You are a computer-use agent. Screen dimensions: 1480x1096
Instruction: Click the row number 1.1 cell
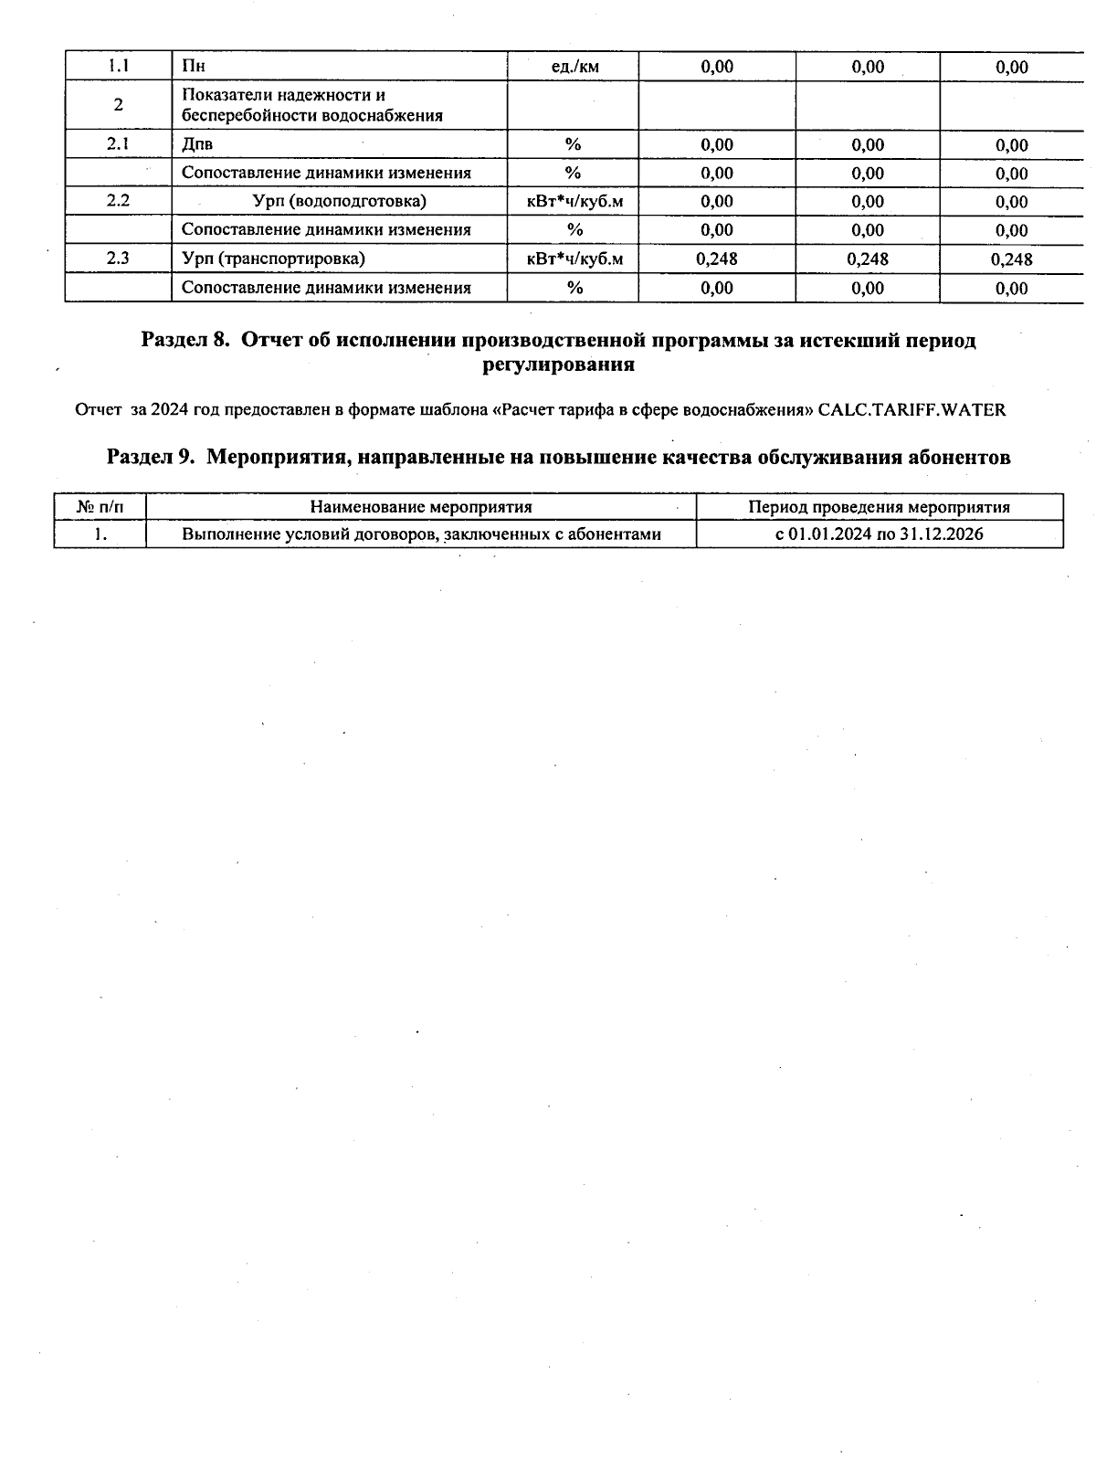point(118,66)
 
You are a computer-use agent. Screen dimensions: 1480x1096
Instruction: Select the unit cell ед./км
point(574,67)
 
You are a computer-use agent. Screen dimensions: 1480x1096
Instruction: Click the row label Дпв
point(197,144)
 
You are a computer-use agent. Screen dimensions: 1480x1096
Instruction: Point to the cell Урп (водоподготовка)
point(339,201)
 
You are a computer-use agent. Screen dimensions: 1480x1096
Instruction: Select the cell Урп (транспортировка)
point(273,259)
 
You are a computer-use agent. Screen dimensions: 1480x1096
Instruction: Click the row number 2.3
point(118,259)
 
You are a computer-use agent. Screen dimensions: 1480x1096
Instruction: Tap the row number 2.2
point(118,201)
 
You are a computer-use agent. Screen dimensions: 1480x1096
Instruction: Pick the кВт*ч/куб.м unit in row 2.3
point(574,259)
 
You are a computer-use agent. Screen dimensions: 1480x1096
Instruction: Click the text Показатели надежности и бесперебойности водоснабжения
point(311,105)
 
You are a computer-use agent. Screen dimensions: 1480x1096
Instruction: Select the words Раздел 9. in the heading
point(151,458)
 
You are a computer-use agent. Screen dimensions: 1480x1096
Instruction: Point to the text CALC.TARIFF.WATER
point(912,410)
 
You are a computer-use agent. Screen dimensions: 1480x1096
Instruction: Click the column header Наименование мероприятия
point(420,507)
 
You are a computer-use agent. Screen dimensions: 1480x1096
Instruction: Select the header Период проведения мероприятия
point(879,507)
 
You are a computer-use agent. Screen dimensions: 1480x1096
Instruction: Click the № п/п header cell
point(100,507)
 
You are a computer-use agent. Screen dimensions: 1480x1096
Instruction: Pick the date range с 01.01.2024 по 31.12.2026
point(879,534)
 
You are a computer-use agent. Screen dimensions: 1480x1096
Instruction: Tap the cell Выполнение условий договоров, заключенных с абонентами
point(421,534)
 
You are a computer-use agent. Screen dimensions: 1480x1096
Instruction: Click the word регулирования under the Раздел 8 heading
point(557,365)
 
